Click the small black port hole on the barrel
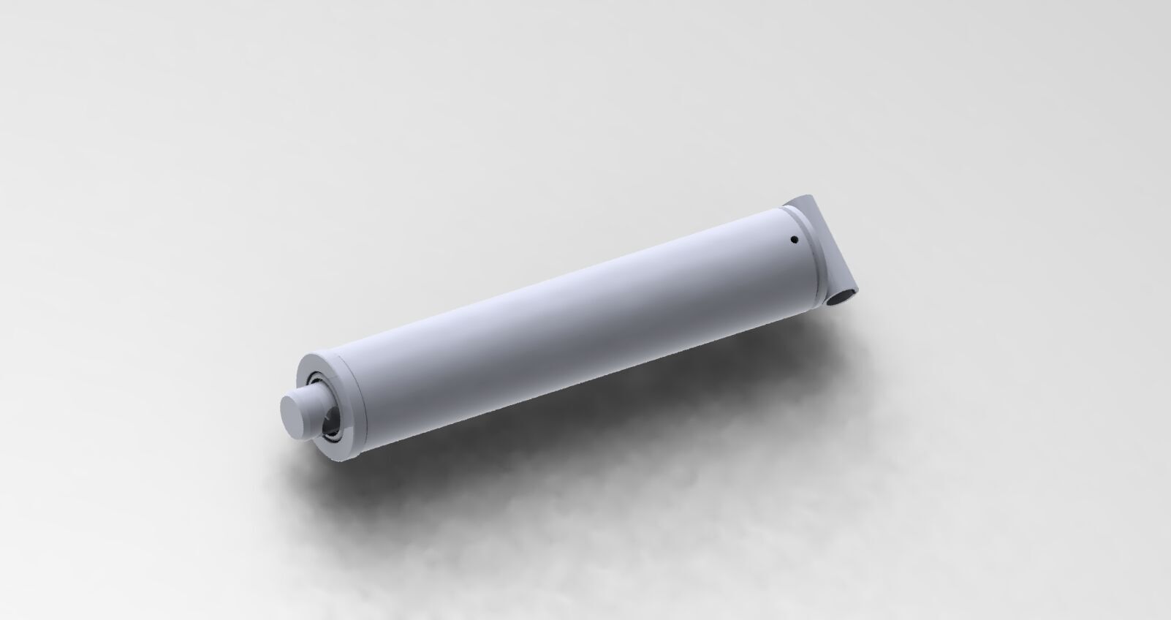tap(793, 238)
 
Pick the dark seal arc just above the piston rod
tap(316, 379)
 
